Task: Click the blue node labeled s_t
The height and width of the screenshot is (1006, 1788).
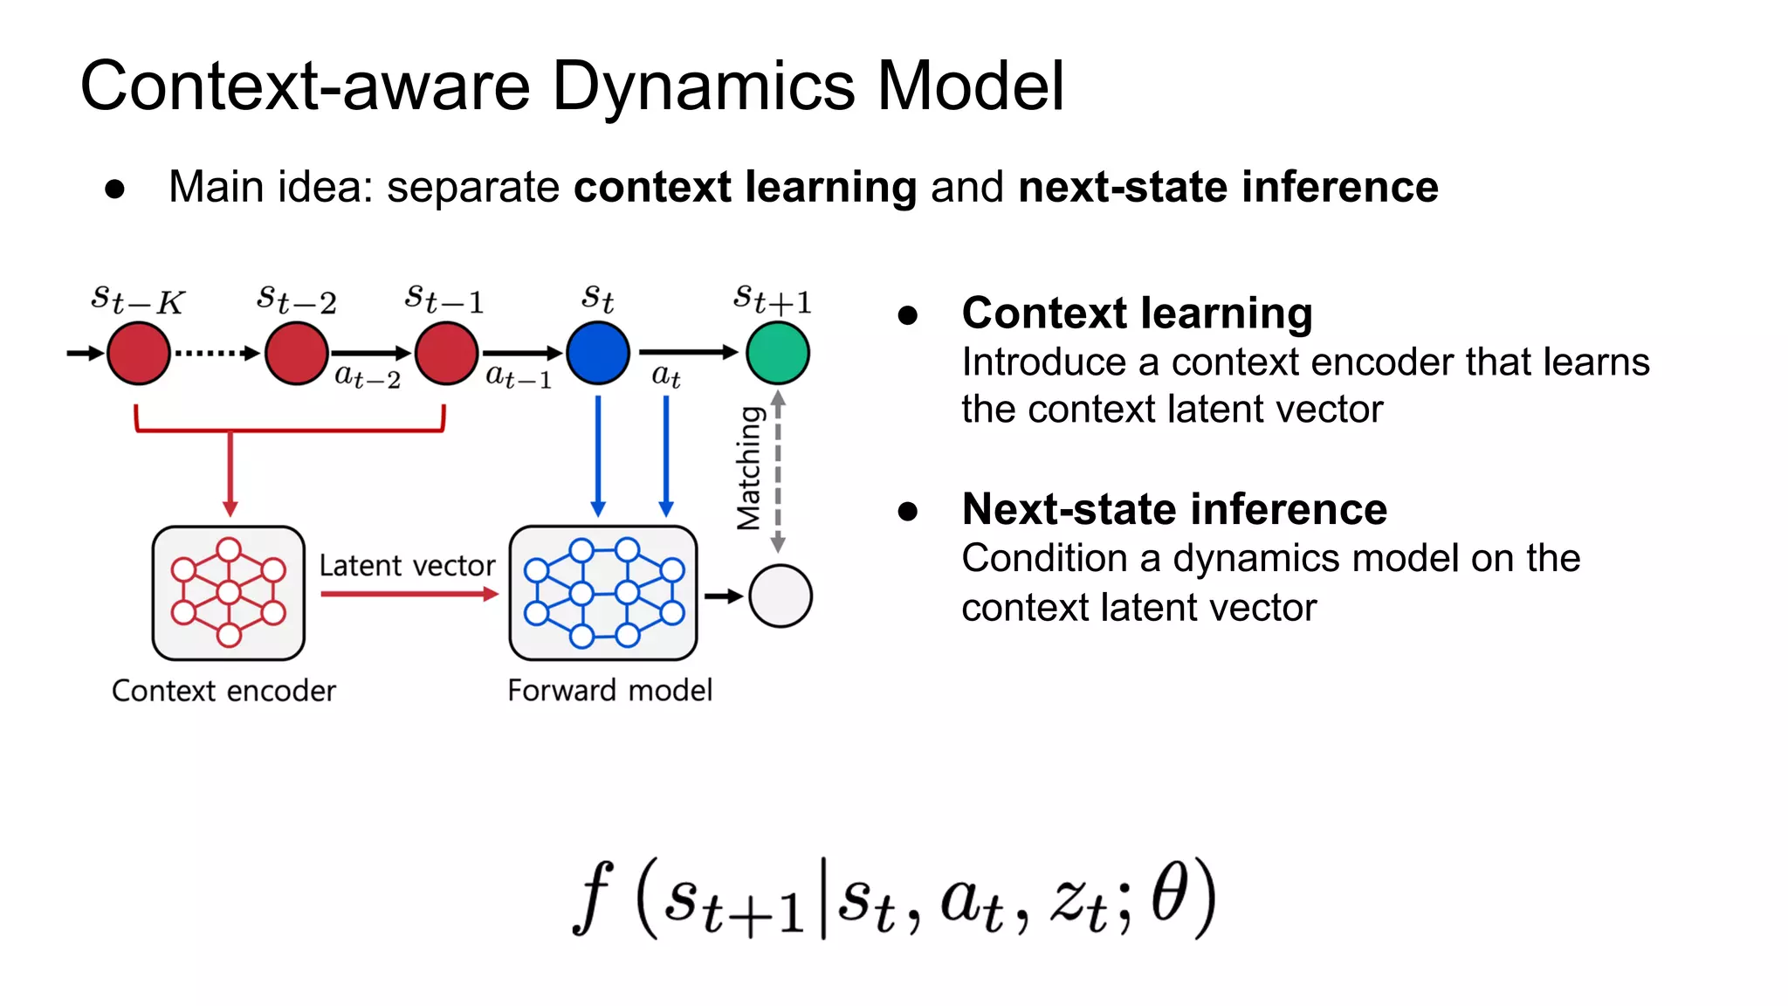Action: pos(598,353)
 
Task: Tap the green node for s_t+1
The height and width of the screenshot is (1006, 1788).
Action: pos(777,353)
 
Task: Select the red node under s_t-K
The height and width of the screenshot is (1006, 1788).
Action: pos(138,353)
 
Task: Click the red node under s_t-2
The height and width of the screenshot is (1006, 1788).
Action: pos(297,353)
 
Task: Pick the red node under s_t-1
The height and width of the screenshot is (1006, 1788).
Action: pos(446,353)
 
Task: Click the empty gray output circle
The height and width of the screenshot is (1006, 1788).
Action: pos(780,596)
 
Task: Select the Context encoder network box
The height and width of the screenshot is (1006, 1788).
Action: pos(228,593)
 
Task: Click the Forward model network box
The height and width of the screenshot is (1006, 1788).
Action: pos(603,593)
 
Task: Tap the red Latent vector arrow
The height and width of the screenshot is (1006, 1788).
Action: pos(409,594)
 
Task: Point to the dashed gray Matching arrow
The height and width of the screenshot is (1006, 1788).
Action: pos(778,472)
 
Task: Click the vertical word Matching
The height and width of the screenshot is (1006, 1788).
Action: pos(749,469)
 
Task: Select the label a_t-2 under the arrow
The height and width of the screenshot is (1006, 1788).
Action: pos(368,377)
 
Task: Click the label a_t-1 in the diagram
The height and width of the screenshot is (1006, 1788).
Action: pos(519,377)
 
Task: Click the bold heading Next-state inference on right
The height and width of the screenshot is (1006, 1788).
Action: pos(1174,509)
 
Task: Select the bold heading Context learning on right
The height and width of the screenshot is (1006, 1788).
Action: pos(1137,313)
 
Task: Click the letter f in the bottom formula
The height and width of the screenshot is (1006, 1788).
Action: pos(594,897)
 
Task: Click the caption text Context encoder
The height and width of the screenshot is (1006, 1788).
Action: pos(223,691)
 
